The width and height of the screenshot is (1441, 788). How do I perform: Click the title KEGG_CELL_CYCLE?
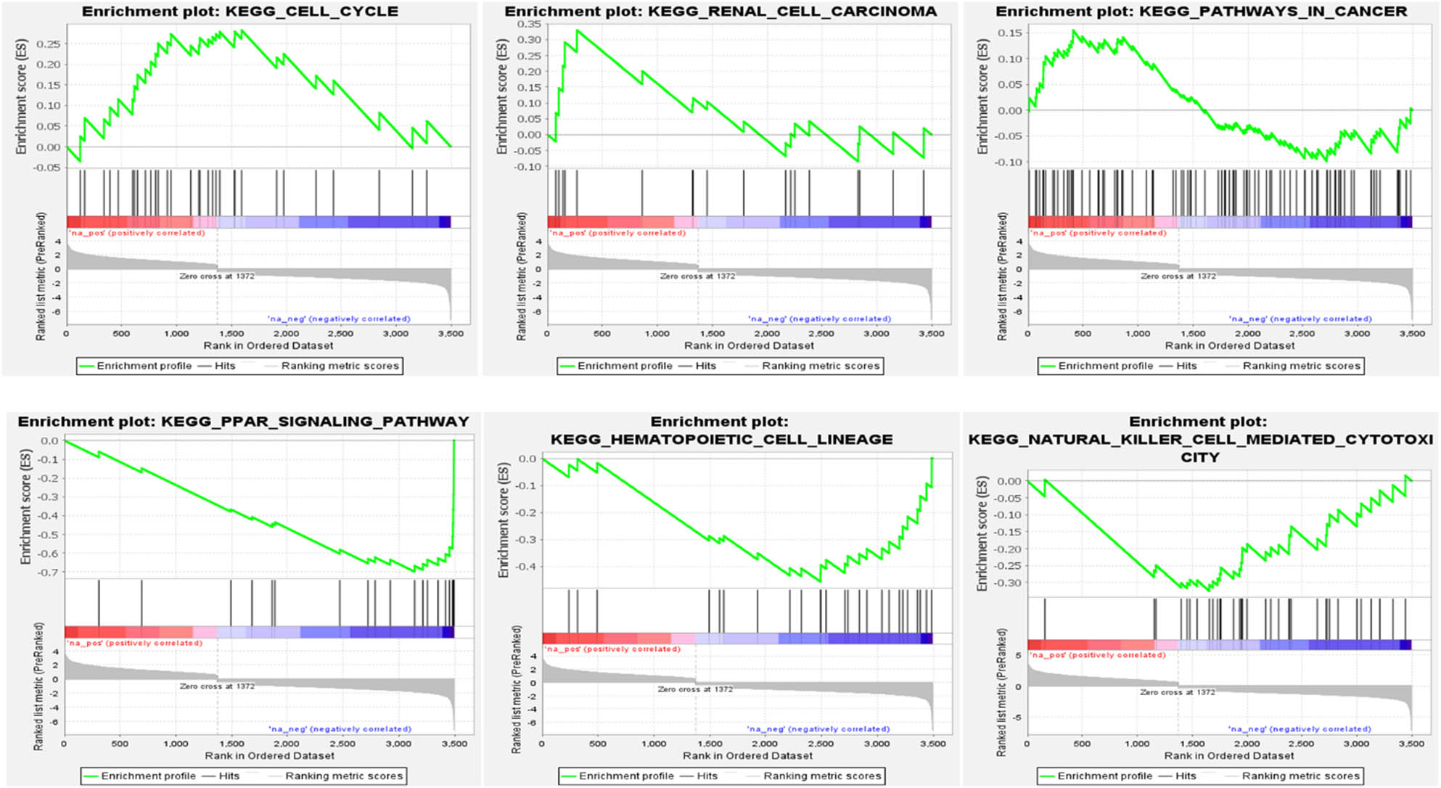[312, 12]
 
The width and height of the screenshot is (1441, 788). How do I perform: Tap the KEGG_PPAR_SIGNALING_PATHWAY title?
[314, 422]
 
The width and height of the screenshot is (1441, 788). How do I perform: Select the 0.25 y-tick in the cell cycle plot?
[49, 44]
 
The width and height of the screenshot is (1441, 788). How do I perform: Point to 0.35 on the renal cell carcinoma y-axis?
[530, 24]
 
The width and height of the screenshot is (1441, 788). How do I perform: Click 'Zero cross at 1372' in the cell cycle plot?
[217, 276]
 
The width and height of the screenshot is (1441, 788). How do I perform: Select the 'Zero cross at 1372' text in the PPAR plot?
[217, 686]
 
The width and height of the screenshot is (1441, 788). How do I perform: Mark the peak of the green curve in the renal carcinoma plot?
[578, 30]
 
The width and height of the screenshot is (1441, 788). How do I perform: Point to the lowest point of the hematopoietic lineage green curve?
[820, 581]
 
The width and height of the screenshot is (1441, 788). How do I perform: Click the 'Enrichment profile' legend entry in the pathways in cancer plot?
[1104, 366]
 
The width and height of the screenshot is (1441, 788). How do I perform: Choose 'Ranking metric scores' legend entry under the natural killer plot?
[1300, 776]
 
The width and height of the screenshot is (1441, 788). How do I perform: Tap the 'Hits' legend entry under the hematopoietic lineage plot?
[707, 776]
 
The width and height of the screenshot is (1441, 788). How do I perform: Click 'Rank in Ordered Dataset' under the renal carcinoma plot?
[749, 345]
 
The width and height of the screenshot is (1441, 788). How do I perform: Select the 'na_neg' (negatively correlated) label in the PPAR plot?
[340, 729]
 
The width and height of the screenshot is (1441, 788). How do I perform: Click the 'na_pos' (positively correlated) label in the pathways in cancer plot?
[1099, 233]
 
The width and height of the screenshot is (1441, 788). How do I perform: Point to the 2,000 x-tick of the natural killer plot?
[1247, 744]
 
